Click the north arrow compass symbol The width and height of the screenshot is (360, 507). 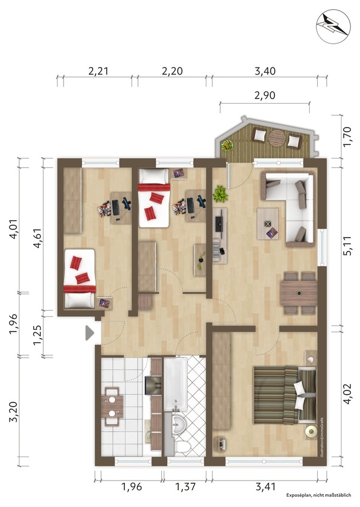tap(333, 27)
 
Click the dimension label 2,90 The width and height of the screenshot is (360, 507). tap(265, 95)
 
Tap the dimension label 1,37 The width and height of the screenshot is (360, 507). tap(185, 487)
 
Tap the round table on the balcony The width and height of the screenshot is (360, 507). tap(277, 139)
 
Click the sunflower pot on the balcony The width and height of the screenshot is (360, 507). tap(228, 146)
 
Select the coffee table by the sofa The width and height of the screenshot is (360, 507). tap(268, 224)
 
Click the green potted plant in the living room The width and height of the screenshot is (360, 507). tap(221, 194)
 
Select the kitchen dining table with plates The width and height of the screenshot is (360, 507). tap(112, 406)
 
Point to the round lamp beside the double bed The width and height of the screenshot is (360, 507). tap(311, 432)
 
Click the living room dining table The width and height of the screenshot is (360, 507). tap(299, 293)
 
